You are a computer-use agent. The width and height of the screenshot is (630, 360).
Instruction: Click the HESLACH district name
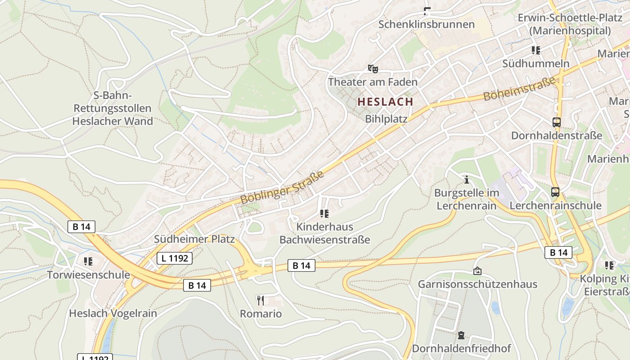[385, 102]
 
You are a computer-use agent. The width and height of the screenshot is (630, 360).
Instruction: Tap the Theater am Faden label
[373, 82]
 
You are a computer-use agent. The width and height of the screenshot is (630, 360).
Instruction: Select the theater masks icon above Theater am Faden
[373, 68]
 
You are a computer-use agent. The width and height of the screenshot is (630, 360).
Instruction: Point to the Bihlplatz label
[386, 119]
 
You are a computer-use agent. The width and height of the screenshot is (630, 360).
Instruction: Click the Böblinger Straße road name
[282, 187]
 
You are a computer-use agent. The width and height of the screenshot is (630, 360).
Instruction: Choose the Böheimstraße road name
[519, 89]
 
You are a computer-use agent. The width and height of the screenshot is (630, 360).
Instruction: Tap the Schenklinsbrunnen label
[426, 24]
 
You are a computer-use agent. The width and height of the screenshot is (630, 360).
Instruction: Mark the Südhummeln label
[535, 63]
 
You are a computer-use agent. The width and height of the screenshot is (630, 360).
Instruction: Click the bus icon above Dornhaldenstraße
[557, 122]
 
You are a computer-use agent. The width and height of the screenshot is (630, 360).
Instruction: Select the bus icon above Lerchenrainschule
[555, 192]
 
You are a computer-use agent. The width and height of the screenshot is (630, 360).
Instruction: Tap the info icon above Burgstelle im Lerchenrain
[467, 180]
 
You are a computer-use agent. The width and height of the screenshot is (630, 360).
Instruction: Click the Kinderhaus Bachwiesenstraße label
[324, 233]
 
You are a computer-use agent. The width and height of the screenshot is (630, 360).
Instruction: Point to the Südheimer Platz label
[194, 239]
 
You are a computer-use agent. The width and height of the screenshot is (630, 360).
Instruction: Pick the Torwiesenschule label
[89, 274]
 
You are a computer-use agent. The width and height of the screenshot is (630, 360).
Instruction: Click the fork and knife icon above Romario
[261, 300]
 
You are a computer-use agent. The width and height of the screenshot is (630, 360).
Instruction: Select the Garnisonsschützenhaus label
[477, 284]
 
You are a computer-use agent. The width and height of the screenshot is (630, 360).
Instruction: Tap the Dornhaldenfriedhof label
[461, 348]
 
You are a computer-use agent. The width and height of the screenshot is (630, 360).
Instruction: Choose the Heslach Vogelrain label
[113, 313]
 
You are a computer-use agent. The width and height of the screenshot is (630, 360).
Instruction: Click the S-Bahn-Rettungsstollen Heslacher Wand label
[112, 108]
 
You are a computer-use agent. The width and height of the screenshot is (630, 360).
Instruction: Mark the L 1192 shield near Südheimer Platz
[175, 258]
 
